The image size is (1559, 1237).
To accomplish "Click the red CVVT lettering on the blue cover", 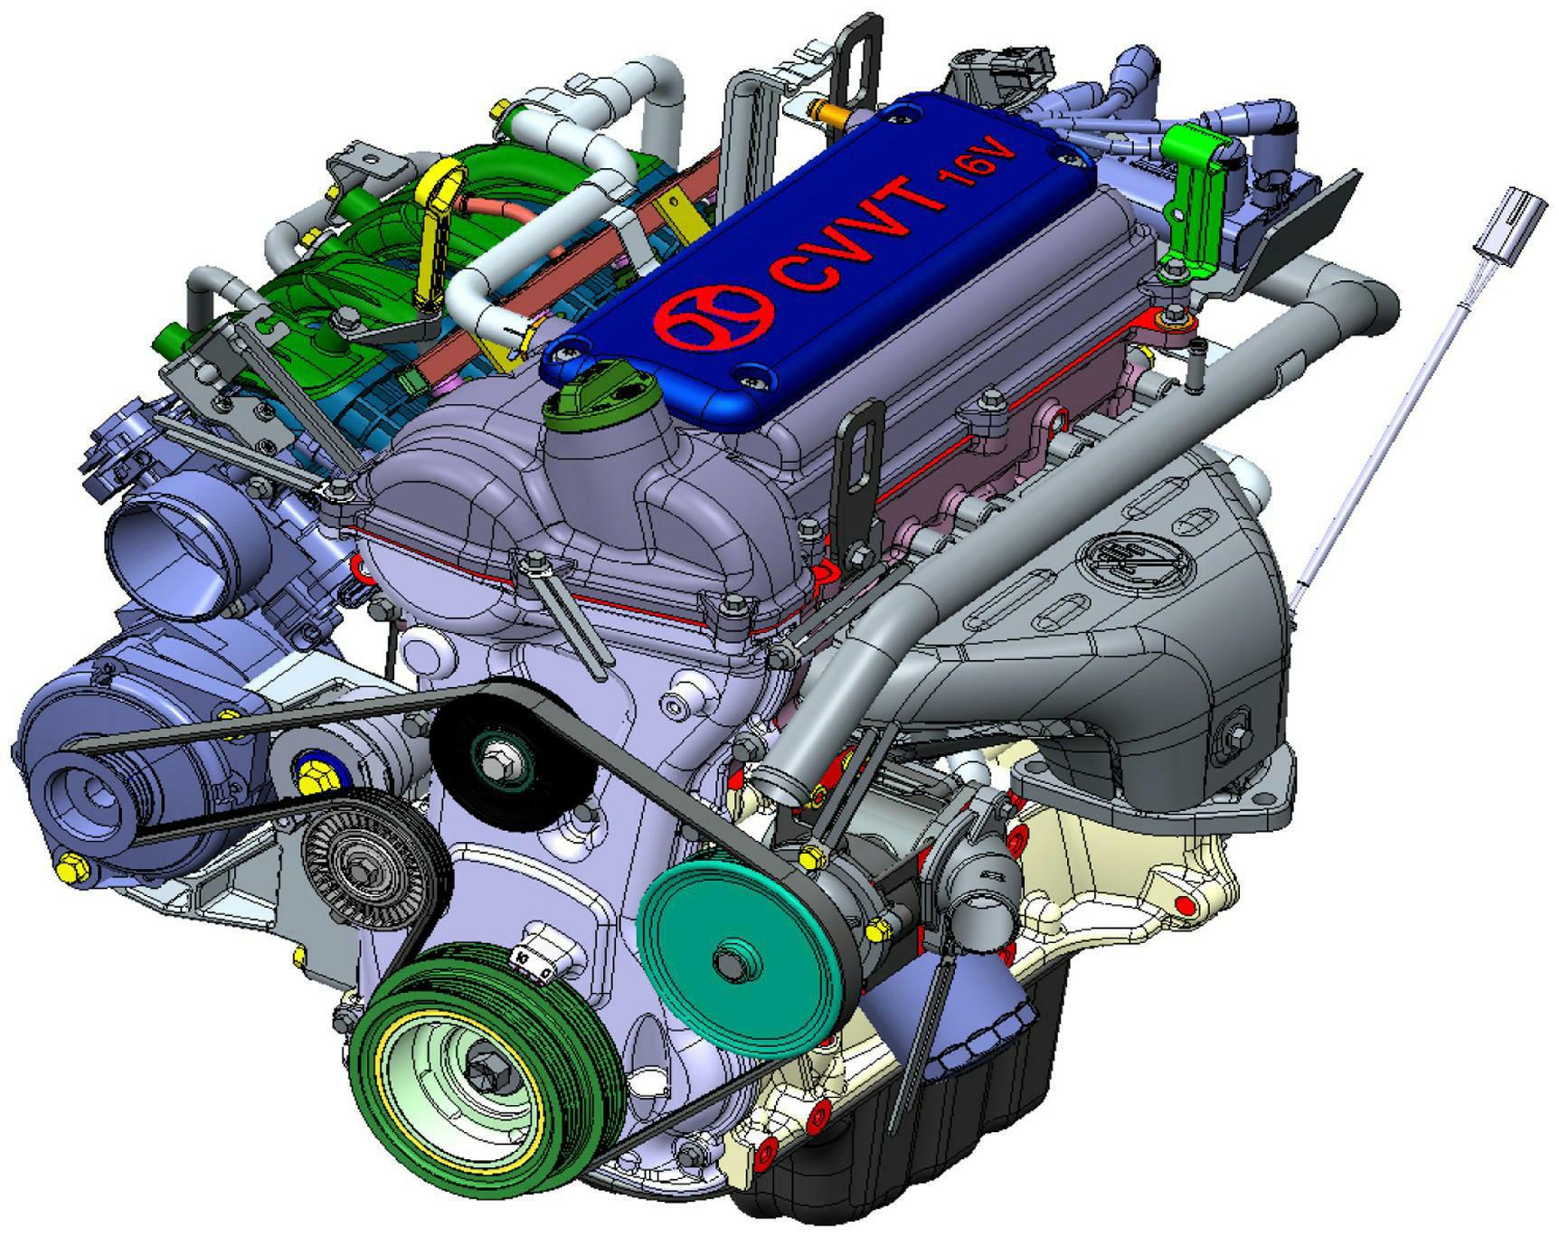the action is click(859, 235).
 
